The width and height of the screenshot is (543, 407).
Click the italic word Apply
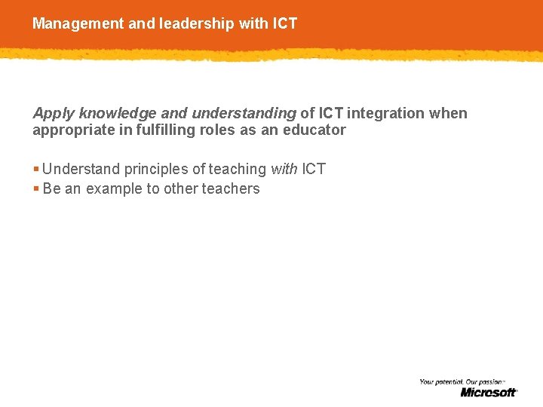click(x=54, y=114)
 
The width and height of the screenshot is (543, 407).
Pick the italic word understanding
click(x=244, y=114)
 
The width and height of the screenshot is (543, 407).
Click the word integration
click(x=385, y=114)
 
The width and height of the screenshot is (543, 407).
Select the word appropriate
click(x=70, y=130)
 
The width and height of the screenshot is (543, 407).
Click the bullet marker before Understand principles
click(x=36, y=170)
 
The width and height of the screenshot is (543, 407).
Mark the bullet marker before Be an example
click(x=36, y=189)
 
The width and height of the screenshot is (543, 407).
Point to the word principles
click(x=157, y=170)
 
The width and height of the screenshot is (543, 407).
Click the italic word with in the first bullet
click(x=284, y=169)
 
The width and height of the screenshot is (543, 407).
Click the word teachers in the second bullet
click(x=231, y=189)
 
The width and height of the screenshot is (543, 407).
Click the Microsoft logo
click(x=489, y=392)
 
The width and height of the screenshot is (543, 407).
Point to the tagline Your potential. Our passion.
click(x=462, y=382)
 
